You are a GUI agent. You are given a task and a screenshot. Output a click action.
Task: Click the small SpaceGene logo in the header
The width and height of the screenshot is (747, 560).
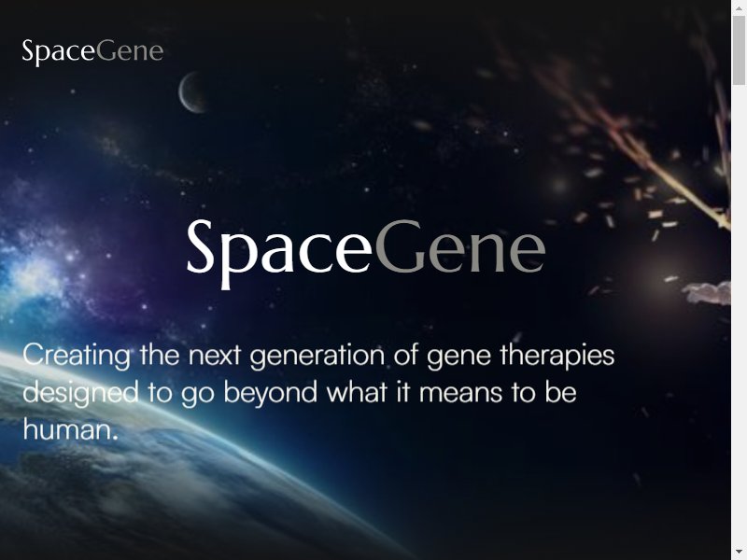[x=92, y=51]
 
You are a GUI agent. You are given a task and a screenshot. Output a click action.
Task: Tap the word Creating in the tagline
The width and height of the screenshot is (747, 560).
[x=77, y=357]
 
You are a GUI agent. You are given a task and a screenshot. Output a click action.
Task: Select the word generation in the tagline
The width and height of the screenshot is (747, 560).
[x=317, y=357]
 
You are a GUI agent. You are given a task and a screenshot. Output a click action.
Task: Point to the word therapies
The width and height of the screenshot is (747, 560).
[x=557, y=357]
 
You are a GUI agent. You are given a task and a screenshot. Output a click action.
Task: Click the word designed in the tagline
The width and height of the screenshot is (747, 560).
[x=80, y=393]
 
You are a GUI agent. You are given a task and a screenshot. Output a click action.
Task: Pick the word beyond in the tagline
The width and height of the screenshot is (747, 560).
[x=270, y=392]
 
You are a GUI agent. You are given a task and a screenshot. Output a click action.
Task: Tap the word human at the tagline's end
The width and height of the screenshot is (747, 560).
[x=67, y=429]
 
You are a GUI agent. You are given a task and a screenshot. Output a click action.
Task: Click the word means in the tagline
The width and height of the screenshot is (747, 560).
[x=460, y=393]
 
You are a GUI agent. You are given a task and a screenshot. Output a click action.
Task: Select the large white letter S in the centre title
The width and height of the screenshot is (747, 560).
[x=201, y=246]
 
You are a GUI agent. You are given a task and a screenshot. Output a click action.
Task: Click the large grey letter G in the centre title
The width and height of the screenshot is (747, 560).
[x=400, y=246]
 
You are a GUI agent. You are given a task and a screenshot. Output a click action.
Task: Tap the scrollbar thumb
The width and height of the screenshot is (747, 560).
[x=739, y=50]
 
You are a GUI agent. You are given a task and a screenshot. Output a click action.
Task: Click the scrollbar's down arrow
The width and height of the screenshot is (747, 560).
[x=739, y=553]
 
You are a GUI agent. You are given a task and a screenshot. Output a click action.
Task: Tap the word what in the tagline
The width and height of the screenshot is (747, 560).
[x=357, y=393]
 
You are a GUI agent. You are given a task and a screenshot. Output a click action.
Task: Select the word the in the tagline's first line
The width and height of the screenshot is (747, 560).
[x=160, y=356]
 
